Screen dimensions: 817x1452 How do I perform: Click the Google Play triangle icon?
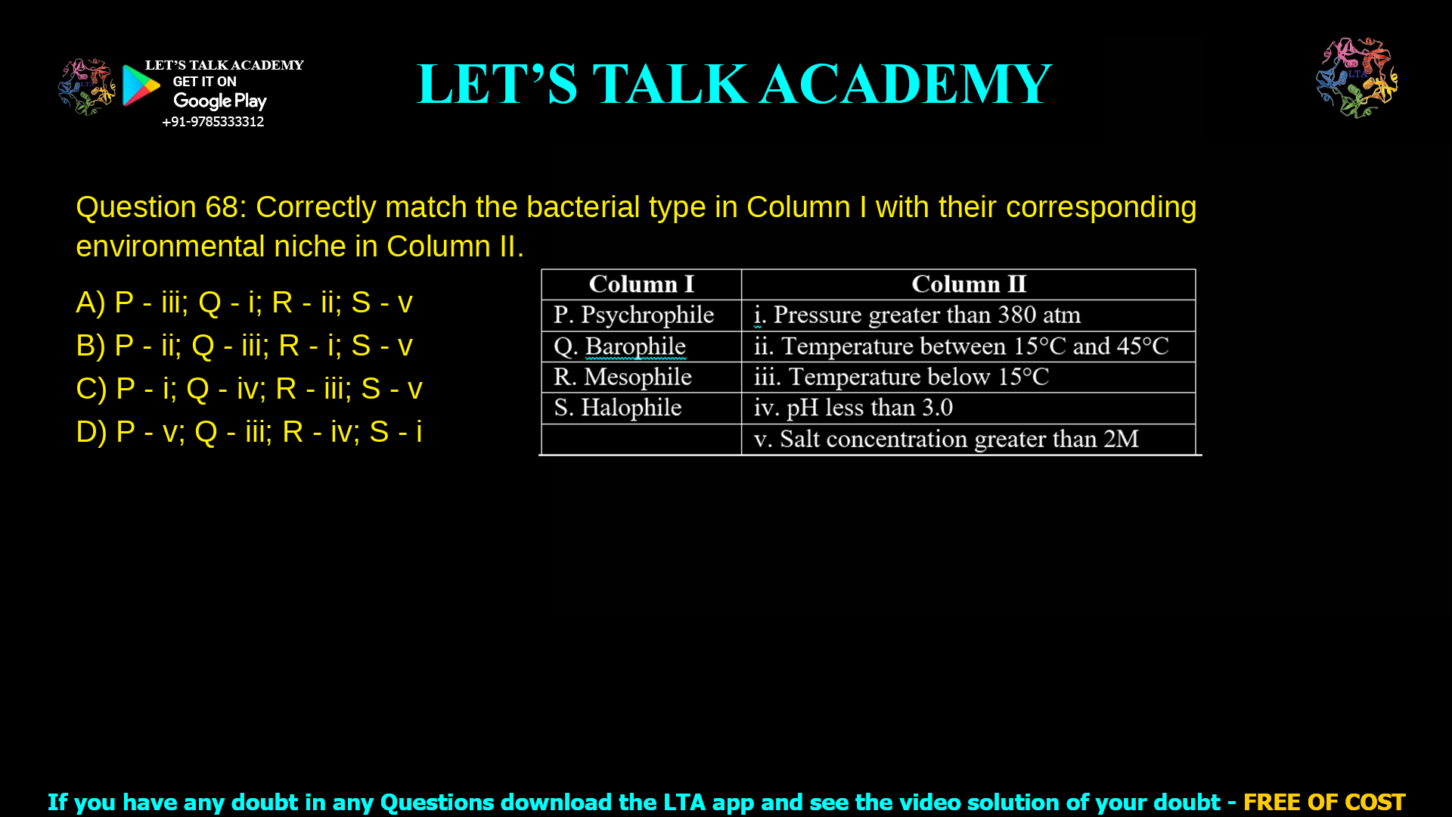[x=141, y=85]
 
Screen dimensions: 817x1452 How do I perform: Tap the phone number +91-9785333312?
[x=213, y=122]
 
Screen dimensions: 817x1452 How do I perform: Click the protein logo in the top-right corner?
[x=1357, y=77]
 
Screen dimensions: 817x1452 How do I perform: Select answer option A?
[x=244, y=303]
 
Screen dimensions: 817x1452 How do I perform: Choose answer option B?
[x=244, y=346]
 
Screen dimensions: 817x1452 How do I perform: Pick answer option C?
[x=249, y=389]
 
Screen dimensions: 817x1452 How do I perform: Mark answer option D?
[x=249, y=432]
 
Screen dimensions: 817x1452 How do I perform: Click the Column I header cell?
[x=641, y=284]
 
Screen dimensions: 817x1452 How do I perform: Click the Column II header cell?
[x=968, y=284]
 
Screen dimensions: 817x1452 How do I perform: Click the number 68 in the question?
[x=221, y=207]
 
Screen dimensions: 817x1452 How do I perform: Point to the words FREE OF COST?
[x=1323, y=802]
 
